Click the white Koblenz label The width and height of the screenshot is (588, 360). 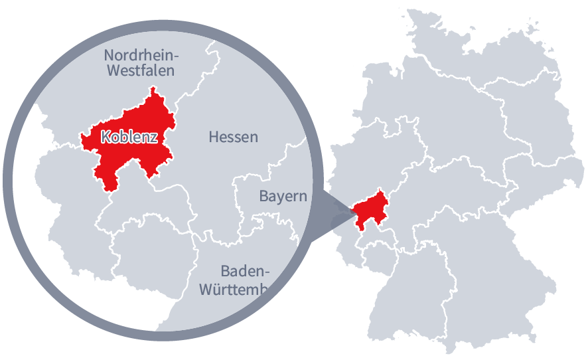tap(129, 137)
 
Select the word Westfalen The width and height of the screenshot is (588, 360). tap(139, 70)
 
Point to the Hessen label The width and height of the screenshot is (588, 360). tap(233, 137)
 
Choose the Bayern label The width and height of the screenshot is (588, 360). tap(283, 196)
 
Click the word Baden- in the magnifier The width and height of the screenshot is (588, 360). tap(246, 271)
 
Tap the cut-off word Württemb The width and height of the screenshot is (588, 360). tap(233, 290)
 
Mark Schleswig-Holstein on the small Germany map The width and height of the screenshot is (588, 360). tap(425, 40)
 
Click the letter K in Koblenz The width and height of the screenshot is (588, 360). tap(105, 137)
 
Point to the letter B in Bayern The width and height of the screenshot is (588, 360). tap(263, 196)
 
